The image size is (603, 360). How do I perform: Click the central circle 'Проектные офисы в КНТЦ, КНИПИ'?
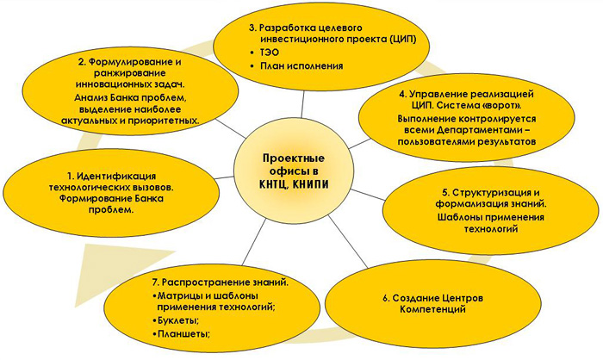[294, 171]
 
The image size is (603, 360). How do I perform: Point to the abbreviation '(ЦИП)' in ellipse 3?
[402, 40]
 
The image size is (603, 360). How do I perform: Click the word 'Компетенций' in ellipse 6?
[432, 309]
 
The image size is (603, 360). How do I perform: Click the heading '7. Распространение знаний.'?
[221, 282]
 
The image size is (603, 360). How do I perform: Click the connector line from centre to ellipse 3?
[304, 104]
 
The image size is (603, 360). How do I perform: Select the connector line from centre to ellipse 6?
[348, 241]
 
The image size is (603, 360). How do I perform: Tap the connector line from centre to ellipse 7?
[254, 242]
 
